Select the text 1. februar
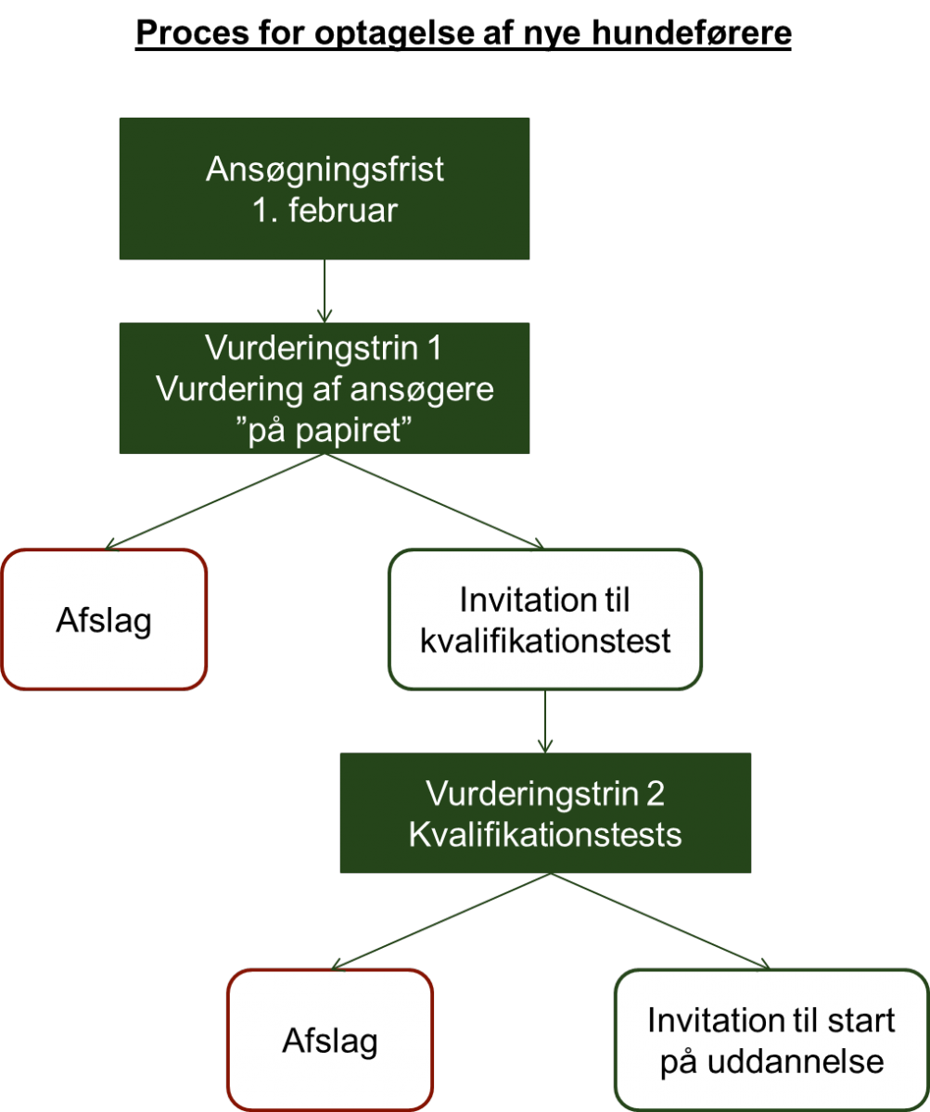(325, 210)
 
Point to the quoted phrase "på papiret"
(325, 430)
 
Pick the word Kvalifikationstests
(545, 835)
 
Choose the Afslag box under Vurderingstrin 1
(104, 619)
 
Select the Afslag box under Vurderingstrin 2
(330, 1040)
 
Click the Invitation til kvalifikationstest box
(545, 619)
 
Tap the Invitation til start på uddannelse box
(772, 1040)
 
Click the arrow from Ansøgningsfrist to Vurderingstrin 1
(325, 291)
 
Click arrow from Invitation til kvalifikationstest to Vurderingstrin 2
(545, 721)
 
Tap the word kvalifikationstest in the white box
(545, 641)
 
